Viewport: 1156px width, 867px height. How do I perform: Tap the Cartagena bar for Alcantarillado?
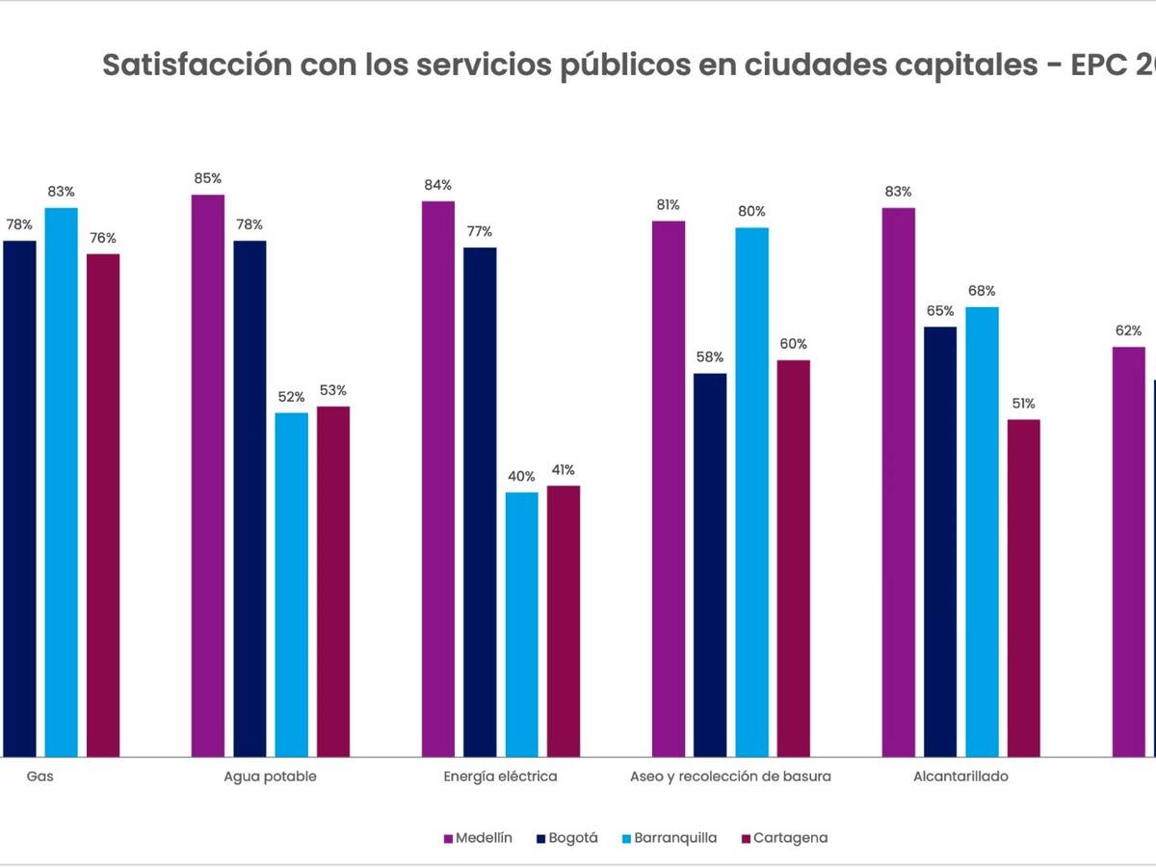tap(1024, 588)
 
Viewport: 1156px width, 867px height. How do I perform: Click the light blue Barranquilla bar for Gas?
tap(62, 482)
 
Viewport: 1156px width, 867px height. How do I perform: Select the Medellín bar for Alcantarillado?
tap(899, 482)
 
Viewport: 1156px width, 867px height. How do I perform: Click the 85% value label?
tap(208, 178)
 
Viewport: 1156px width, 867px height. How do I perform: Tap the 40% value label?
tap(521, 476)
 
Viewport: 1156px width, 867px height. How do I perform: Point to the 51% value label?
tap(1024, 403)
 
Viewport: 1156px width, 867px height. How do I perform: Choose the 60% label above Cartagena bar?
tap(794, 344)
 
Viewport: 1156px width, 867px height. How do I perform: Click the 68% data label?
tap(983, 291)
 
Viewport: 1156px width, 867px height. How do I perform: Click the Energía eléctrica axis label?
tap(500, 776)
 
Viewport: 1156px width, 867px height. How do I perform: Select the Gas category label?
tap(39, 776)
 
